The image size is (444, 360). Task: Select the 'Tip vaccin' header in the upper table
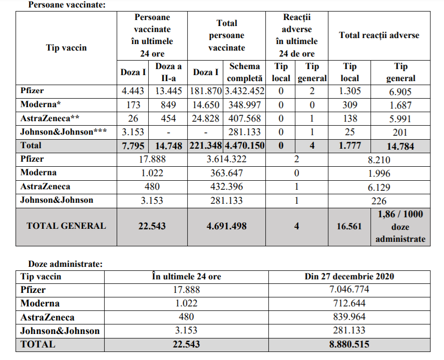66,48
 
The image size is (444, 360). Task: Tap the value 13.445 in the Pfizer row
165,91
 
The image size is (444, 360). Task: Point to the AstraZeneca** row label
50,119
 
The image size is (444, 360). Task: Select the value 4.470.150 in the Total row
245,146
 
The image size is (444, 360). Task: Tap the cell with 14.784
400,146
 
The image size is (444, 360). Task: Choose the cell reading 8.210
379,160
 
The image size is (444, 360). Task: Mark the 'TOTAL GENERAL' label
66,226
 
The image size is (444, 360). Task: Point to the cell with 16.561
349,226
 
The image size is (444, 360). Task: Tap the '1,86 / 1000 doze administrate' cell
400,226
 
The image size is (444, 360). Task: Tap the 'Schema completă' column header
245,72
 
